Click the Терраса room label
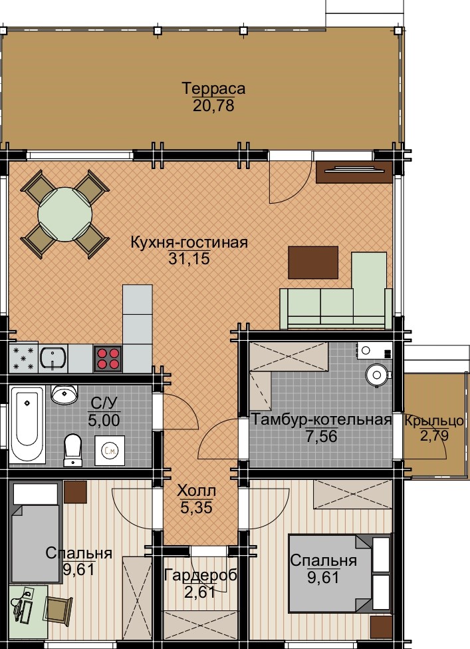(x=213, y=88)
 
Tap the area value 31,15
(x=189, y=259)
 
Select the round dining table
(x=65, y=214)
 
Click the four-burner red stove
(x=108, y=358)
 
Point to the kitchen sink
(x=53, y=358)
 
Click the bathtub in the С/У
(x=27, y=425)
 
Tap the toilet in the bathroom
(x=73, y=450)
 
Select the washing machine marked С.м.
(x=110, y=451)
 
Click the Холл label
(x=196, y=491)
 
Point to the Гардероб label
(x=201, y=575)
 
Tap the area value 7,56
(x=321, y=436)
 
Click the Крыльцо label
(x=434, y=421)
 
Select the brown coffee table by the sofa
(x=313, y=262)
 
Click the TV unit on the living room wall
(x=354, y=172)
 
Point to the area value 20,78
(x=213, y=106)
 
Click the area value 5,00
(x=104, y=420)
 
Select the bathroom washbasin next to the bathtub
(x=64, y=395)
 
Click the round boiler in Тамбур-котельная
(x=377, y=375)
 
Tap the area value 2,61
(x=199, y=592)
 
